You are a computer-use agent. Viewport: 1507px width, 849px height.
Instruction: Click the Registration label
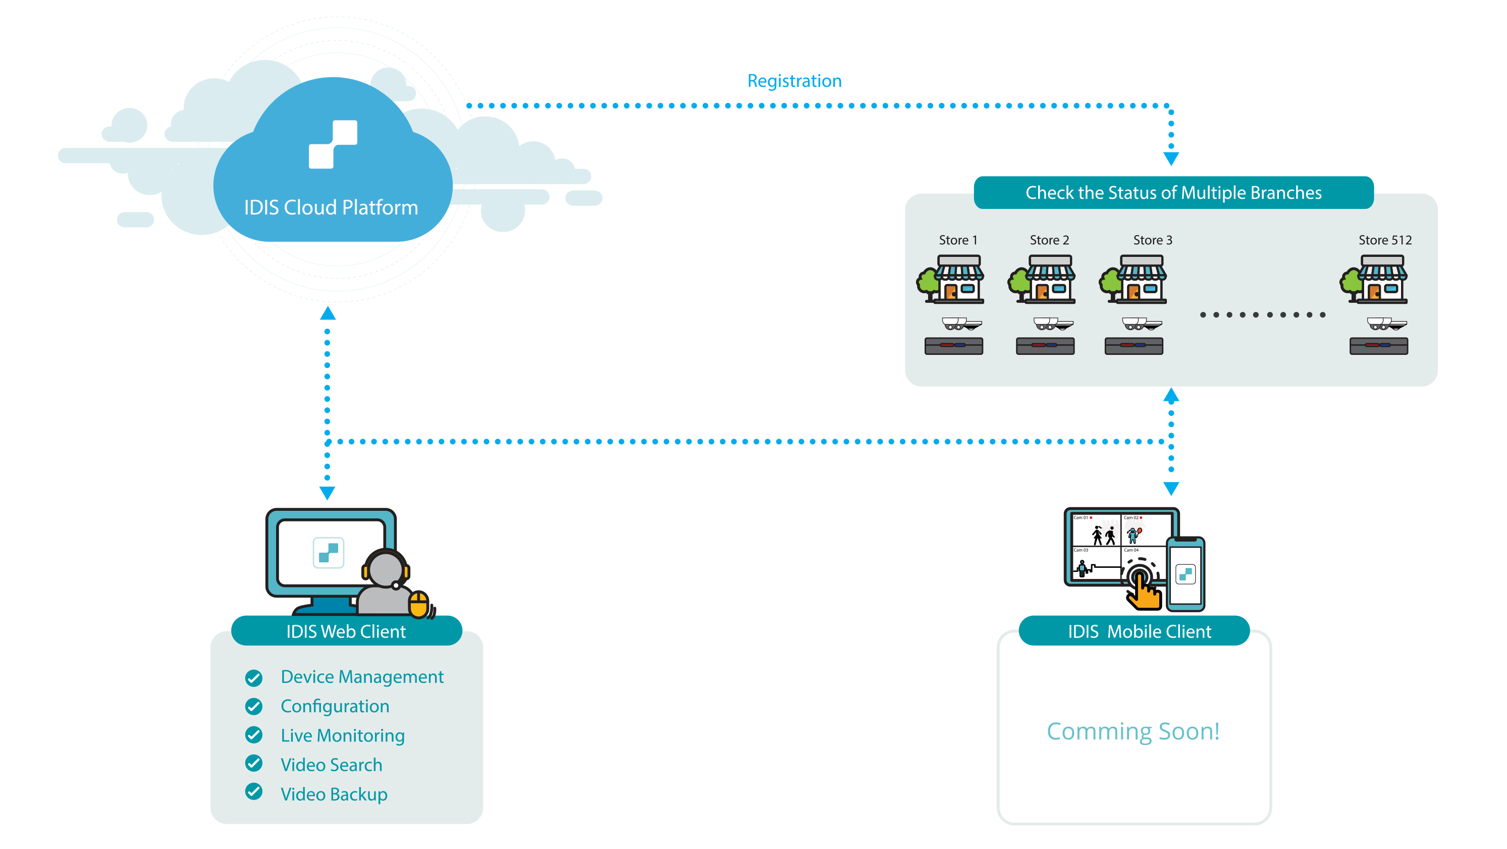pos(794,81)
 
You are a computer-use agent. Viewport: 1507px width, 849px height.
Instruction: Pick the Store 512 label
pos(1384,240)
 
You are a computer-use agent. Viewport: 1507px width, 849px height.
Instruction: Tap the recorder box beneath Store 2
pos(1045,346)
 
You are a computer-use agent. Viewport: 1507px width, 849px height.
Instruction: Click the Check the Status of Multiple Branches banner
pos(1173,192)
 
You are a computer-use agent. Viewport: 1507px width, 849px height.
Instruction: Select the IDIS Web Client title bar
pos(346,631)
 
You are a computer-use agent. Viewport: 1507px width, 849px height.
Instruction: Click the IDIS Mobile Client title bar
pos(1139,631)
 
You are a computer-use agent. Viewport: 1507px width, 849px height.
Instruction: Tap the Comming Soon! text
pos(1133,731)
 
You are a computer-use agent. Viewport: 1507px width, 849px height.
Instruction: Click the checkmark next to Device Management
pos(254,677)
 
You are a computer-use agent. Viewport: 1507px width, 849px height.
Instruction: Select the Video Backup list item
pos(334,794)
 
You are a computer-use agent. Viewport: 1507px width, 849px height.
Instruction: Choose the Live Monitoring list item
pos(342,735)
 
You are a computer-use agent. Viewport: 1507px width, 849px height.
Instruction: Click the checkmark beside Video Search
pos(254,764)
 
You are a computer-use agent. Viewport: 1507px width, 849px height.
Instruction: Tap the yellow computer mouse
pos(418,604)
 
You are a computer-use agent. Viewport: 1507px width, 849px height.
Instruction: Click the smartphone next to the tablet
pos(1185,573)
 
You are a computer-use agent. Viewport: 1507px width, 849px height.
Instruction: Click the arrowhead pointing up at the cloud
pos(328,313)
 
